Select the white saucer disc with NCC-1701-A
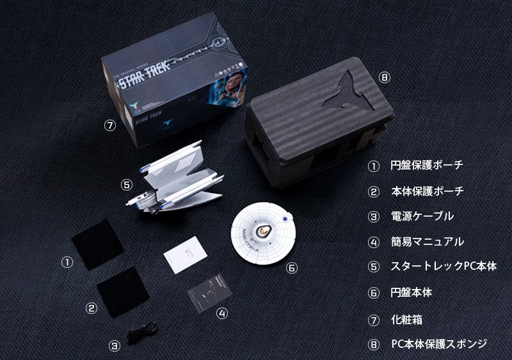[263, 232]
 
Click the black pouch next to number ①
[98, 244]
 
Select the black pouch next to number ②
[123, 290]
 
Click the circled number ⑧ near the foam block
[384, 77]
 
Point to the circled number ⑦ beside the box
[109, 125]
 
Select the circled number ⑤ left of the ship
[126, 184]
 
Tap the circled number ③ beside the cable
[114, 346]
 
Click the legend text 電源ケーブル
[422, 216]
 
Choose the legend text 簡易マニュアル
[427, 242]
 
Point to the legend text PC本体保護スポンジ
[439, 344]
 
